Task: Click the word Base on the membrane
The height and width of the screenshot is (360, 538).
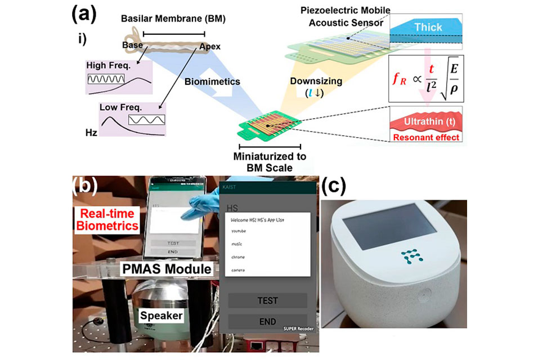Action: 132,44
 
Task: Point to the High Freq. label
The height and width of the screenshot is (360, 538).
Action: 109,66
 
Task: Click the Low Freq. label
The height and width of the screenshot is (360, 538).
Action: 120,107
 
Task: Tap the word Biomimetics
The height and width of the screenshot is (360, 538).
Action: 212,82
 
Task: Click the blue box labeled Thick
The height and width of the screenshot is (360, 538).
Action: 428,26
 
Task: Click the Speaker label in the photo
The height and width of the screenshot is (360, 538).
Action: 162,316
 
